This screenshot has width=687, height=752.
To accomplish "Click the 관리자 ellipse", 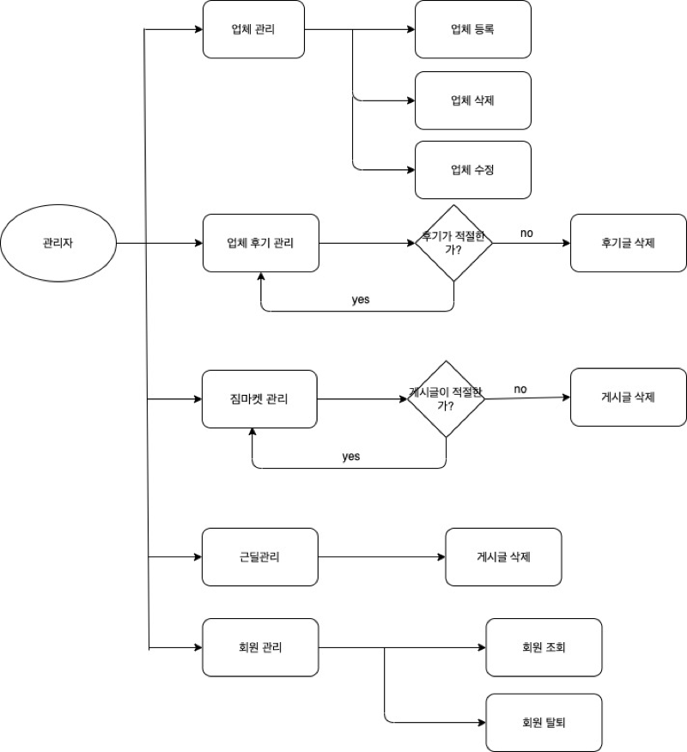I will pyautogui.click(x=58, y=243).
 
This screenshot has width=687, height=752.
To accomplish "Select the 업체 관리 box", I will pyautogui.click(x=253, y=29).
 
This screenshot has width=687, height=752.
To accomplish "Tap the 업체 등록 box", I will pyautogui.click(x=472, y=29).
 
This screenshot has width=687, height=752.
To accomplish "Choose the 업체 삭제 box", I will pyautogui.click(x=472, y=100).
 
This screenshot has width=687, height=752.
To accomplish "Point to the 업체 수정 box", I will pyautogui.click(x=472, y=170).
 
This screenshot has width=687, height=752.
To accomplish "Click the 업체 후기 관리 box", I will pyautogui.click(x=260, y=243).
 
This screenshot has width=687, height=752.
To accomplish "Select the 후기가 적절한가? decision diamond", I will pyautogui.click(x=453, y=243).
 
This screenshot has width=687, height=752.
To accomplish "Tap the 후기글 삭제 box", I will pyautogui.click(x=629, y=243).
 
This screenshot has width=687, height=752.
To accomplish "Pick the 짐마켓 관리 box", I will pyautogui.click(x=259, y=399).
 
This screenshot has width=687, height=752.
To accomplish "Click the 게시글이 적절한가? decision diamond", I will pyautogui.click(x=446, y=399).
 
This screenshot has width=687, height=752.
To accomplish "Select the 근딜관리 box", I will pyautogui.click(x=259, y=557).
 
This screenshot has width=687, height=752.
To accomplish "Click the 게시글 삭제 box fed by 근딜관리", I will pyautogui.click(x=503, y=557).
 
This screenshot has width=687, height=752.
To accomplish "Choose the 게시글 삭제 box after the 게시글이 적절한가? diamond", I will pyautogui.click(x=629, y=397).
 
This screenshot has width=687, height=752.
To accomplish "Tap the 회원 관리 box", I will pyautogui.click(x=259, y=647).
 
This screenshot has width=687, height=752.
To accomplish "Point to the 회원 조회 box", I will pyautogui.click(x=544, y=647).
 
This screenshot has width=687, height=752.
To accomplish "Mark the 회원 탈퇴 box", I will pyautogui.click(x=544, y=723).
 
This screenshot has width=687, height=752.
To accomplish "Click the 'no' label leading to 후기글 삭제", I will pyautogui.click(x=526, y=233).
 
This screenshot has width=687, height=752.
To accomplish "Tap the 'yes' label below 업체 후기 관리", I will pyautogui.click(x=361, y=300).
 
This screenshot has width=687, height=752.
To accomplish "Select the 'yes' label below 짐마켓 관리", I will pyautogui.click(x=350, y=456).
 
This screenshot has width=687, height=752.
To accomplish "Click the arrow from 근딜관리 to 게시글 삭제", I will pyautogui.click(x=381, y=557).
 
